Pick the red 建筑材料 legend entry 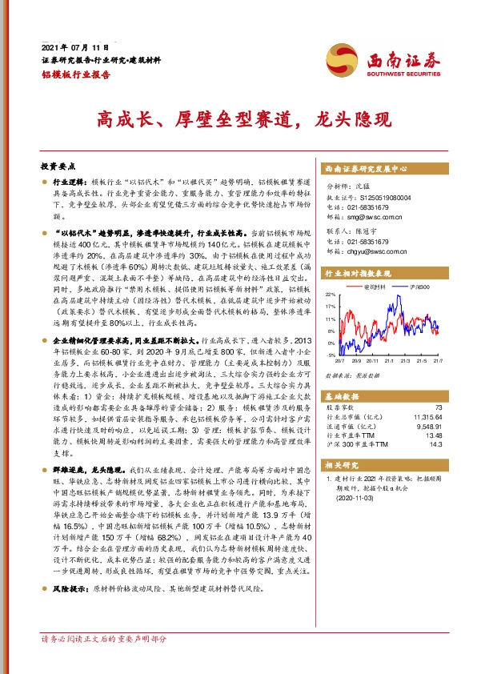tap(375, 286)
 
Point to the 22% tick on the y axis tap(331, 294)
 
